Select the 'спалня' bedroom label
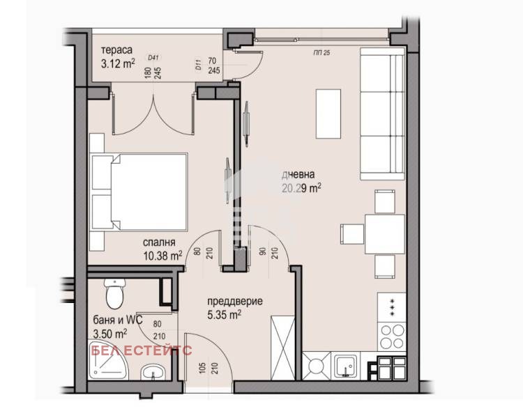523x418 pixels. (159, 242)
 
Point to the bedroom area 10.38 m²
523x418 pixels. (162, 255)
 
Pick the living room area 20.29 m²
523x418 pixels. (301, 187)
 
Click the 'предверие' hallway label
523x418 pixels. (234, 302)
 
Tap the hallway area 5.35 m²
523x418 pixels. (225, 314)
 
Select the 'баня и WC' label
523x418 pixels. (115, 320)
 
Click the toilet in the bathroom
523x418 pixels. (113, 293)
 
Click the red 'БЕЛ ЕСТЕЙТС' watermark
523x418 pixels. (141, 350)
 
